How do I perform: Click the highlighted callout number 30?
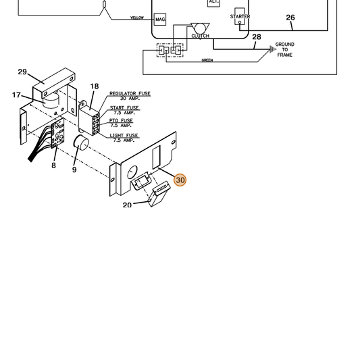[x=180, y=180]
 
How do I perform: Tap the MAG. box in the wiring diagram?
[x=160, y=20]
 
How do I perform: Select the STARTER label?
[x=240, y=16]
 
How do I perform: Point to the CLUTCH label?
[x=200, y=36]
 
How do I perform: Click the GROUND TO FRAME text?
[x=285, y=49]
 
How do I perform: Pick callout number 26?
[x=290, y=18]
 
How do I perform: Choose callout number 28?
[x=257, y=36]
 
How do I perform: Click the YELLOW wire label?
[x=137, y=18]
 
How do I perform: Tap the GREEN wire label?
[x=207, y=60]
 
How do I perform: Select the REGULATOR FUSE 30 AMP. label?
[x=130, y=96]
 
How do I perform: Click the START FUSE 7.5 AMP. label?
[x=124, y=110]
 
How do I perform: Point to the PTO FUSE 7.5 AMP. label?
[x=121, y=123]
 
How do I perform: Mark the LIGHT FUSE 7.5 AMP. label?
[x=124, y=138]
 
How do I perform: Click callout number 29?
[x=22, y=72]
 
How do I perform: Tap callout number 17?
[x=16, y=95]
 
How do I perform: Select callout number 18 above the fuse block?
[x=95, y=86]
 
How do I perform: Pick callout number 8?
[x=53, y=165]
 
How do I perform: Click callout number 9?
[x=74, y=170]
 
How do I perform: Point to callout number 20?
[x=127, y=205]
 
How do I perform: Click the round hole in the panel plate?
[x=132, y=172]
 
